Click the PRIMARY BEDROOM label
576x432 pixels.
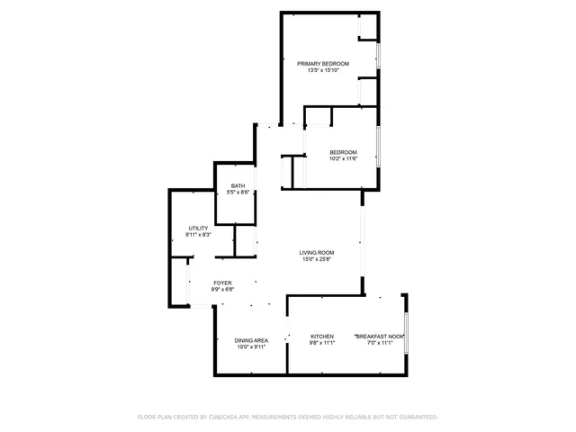pyautogui.click(x=323, y=63)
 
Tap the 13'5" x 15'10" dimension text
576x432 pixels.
pyautogui.click(x=323, y=70)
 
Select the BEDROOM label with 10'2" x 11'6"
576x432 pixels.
pyautogui.click(x=343, y=151)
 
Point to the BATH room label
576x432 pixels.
pyautogui.click(x=238, y=185)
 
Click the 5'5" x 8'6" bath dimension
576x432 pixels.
pyautogui.click(x=238, y=193)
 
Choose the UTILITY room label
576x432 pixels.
pyautogui.click(x=198, y=228)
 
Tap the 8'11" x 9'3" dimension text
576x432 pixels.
pyautogui.click(x=198, y=235)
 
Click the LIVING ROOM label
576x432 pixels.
pyautogui.click(x=317, y=252)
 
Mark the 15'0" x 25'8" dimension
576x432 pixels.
pyautogui.click(x=317, y=259)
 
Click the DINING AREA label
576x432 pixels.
pyautogui.click(x=251, y=340)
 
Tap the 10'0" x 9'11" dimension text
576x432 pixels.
pyautogui.click(x=251, y=347)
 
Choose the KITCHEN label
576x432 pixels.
pyautogui.click(x=322, y=337)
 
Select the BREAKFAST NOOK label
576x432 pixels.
pyautogui.click(x=379, y=337)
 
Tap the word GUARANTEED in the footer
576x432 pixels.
pyautogui.click(x=418, y=417)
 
